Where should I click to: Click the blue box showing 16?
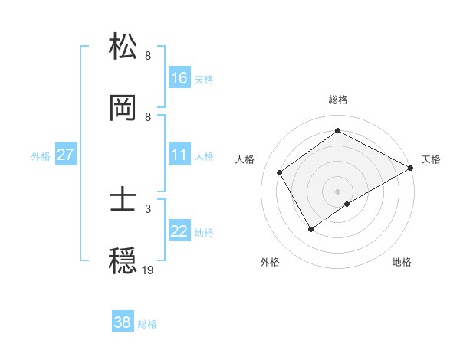tap(179, 78)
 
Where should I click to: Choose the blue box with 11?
tap(179, 155)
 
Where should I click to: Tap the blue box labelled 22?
tap(179, 232)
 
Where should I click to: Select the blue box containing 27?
tap(66, 155)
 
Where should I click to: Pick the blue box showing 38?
tap(123, 322)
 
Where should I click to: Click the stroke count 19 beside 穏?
tap(148, 270)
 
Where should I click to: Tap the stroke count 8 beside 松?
tap(148, 55)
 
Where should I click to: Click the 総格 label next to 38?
tap(147, 324)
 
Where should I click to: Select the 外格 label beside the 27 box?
tap(41, 155)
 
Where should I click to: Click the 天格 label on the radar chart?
tap(431, 159)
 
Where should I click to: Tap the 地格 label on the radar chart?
tap(402, 262)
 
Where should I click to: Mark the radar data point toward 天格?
tap(411, 168)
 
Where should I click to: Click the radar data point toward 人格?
tap(280, 173)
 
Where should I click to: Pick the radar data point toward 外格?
tap(310, 228)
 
